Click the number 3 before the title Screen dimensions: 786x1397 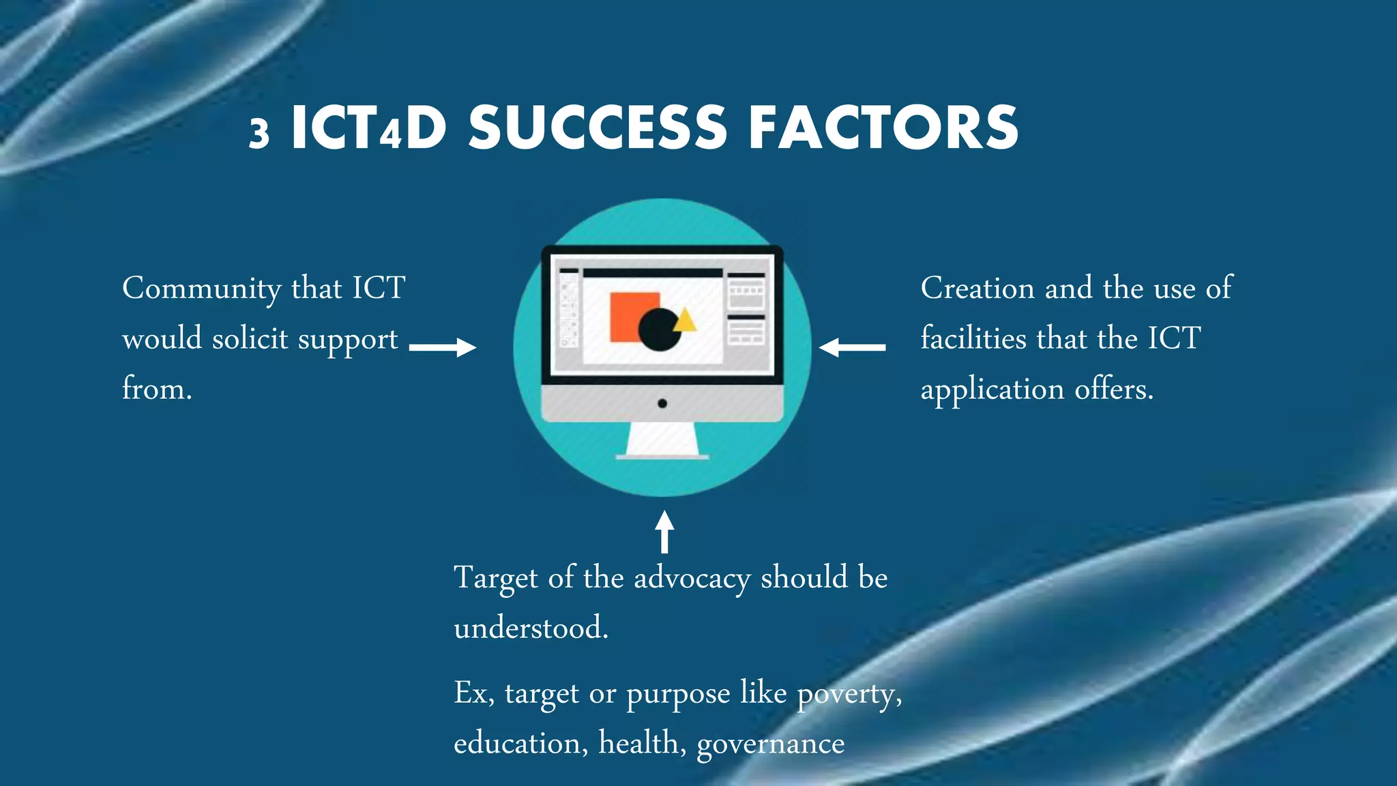click(x=259, y=132)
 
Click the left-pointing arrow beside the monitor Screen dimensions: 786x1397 click(x=853, y=347)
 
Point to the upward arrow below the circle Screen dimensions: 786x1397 click(x=664, y=532)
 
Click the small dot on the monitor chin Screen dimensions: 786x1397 click(x=662, y=403)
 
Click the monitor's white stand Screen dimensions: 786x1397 click(x=662, y=440)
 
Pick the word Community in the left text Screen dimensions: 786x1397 click(x=201, y=289)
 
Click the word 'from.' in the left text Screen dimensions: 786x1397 click(x=157, y=389)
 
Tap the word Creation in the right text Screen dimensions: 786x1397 click(x=977, y=288)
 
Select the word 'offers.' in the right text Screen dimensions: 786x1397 click(x=1114, y=389)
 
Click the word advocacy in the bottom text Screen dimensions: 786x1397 click(x=692, y=579)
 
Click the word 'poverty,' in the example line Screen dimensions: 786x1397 click(x=849, y=695)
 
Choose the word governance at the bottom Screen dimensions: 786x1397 click(x=770, y=744)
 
